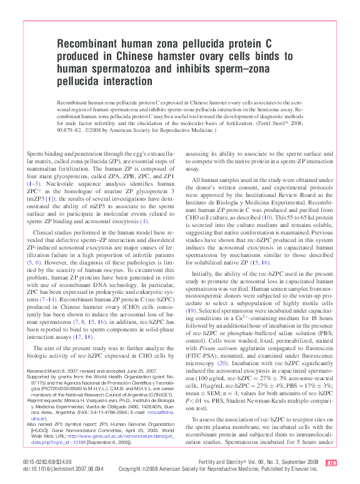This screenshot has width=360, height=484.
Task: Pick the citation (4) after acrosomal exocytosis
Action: pyautogui.click(x=144, y=221)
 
